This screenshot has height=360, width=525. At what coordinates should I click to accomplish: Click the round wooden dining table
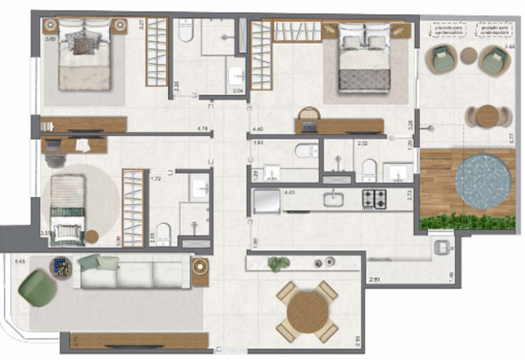click(307, 311)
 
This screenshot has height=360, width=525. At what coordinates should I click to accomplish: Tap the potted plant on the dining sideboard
click(278, 263)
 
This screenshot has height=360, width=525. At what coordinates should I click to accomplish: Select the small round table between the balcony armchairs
click(468, 56)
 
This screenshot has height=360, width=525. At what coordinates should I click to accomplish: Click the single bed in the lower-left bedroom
click(67, 210)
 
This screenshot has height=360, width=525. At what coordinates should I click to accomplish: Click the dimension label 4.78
click(202, 128)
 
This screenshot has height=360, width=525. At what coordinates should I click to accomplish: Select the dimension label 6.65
click(21, 261)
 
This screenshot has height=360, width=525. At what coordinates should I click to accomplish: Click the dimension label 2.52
click(362, 143)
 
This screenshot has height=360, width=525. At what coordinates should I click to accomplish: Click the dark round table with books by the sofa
click(60, 267)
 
